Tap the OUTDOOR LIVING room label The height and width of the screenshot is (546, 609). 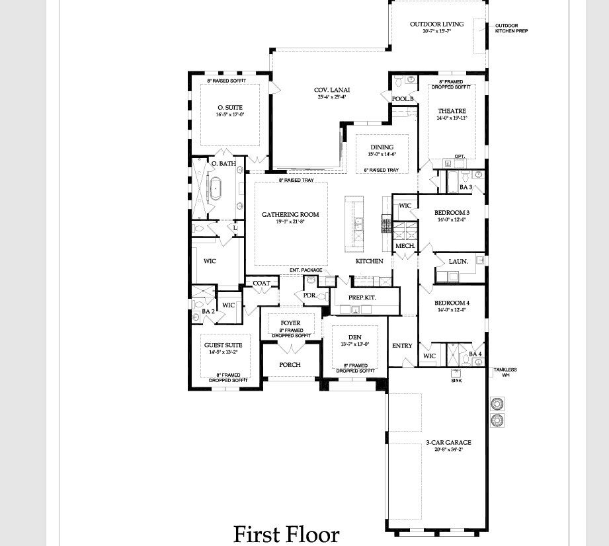coord(436,24)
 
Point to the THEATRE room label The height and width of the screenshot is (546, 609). coord(452,111)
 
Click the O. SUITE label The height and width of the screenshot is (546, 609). coord(230,108)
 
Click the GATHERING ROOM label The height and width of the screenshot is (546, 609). coord(290,215)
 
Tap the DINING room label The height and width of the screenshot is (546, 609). coord(382,147)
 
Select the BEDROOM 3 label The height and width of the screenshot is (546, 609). coord(452,213)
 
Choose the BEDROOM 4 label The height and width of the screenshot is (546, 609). coord(452,303)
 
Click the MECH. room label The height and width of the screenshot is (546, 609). coord(405,246)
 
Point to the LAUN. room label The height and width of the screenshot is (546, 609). coord(458,262)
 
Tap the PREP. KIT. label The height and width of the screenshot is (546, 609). coord(363,298)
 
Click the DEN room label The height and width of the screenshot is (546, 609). coord(355,337)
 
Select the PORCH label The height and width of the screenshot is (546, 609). coord(290,365)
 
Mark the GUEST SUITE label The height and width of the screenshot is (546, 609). coord(223,345)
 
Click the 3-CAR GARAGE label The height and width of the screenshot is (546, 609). coord(448,443)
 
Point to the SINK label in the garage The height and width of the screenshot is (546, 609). coord(456,381)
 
